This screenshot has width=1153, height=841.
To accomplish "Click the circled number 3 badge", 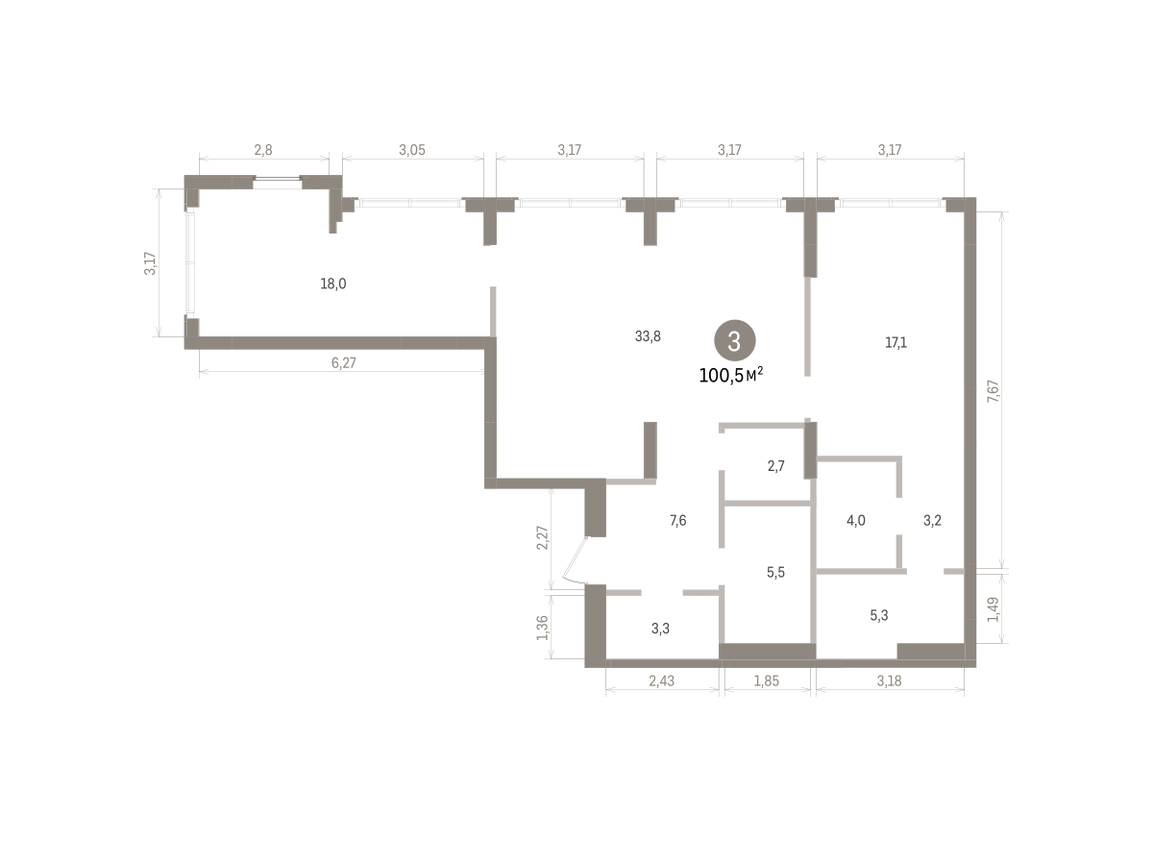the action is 734,340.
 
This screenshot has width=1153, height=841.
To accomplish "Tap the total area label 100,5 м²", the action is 731,375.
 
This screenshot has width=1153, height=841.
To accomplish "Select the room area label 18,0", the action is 333,284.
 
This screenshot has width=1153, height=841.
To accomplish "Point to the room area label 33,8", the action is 648,336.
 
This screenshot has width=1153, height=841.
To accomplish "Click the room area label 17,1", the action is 895,342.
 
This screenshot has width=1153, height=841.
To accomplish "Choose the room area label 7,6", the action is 678,521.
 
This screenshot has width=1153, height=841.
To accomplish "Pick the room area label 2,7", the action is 775,466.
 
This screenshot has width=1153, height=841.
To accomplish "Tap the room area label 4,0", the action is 856,521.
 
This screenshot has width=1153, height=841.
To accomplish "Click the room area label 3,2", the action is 932,521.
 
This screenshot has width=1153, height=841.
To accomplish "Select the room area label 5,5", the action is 775,572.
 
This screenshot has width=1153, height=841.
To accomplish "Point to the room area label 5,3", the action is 878,615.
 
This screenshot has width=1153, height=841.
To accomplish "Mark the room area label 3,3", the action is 660,629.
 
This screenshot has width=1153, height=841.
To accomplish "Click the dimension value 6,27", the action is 343,363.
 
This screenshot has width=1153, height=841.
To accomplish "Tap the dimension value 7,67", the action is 993,391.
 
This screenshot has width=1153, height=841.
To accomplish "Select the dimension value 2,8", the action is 263,150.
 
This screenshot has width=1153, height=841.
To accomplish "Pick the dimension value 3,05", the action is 412,150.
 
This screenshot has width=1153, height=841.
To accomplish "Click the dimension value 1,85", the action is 767,680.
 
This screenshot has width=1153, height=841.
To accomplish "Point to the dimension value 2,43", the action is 661,680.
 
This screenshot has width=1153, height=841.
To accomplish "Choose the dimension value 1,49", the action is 993,609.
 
